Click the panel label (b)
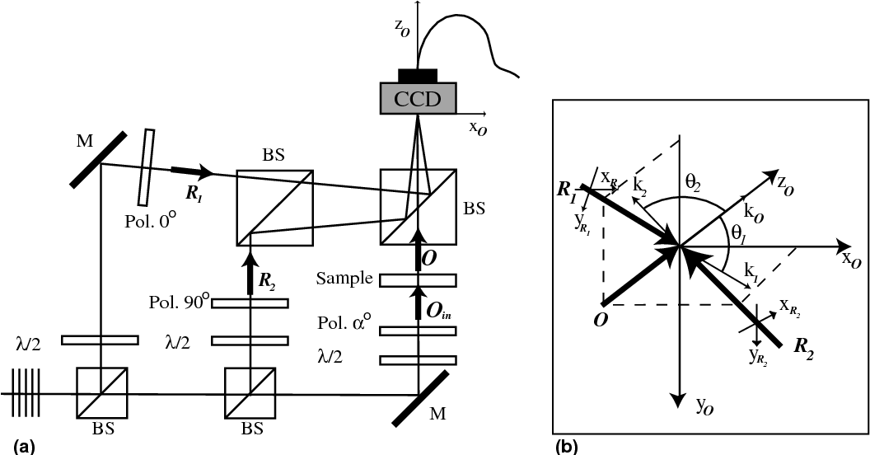(568, 446)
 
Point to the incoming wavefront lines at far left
(26, 392)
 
